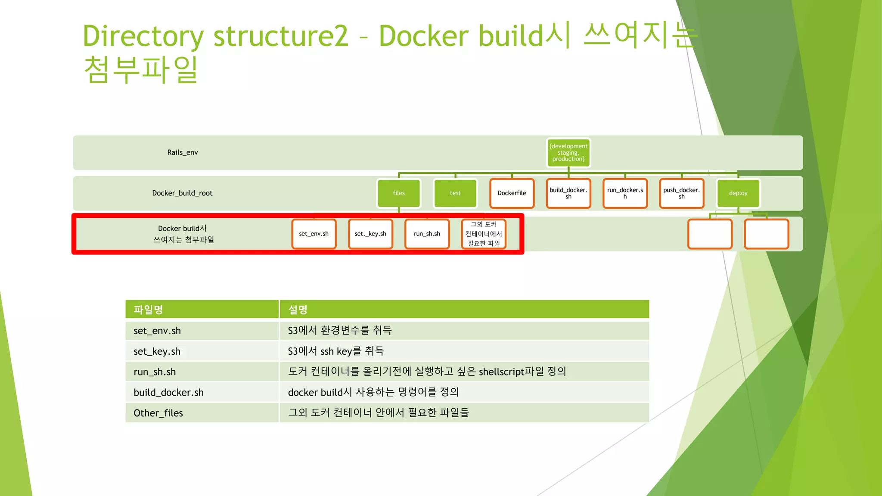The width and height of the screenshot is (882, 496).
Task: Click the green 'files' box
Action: (399, 193)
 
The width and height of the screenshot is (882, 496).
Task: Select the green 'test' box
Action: (455, 193)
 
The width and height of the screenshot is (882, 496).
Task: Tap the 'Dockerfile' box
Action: (512, 193)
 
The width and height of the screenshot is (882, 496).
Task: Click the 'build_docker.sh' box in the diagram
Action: (568, 193)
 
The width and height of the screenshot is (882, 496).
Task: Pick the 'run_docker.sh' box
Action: (625, 193)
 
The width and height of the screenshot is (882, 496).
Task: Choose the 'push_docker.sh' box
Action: (681, 193)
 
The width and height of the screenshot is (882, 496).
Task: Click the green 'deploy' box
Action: (738, 193)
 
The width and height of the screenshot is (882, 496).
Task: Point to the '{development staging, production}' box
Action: (568, 152)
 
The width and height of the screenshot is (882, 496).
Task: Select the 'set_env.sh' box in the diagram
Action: (314, 234)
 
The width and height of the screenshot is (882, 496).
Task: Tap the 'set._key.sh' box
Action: (370, 234)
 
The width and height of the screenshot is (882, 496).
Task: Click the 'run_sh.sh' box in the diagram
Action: (427, 234)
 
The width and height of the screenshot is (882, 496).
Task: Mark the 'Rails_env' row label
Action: (183, 152)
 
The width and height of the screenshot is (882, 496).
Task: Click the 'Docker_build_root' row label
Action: (182, 193)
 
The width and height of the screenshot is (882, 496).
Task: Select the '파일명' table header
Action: (148, 310)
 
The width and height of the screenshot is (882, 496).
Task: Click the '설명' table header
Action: (298, 310)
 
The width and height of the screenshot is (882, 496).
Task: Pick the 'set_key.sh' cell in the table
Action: (157, 351)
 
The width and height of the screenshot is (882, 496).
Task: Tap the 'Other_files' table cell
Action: (158, 413)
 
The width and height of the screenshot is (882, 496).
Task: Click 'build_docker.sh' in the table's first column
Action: (168, 393)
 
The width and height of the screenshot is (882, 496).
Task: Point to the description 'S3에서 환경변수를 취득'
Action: (339, 331)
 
